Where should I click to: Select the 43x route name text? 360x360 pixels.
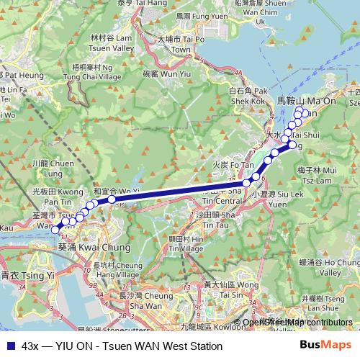(x=30, y=345)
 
